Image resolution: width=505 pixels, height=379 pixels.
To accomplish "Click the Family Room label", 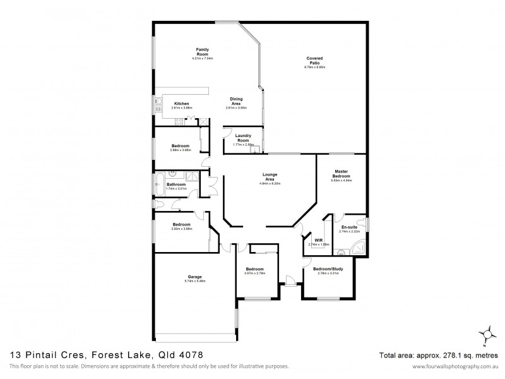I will pos(202,51).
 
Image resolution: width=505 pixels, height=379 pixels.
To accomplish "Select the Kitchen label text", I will pos(182,104).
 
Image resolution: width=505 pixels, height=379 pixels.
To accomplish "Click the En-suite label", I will pos(348,227).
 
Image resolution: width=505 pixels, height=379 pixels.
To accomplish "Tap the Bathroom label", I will pos(176,184).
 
